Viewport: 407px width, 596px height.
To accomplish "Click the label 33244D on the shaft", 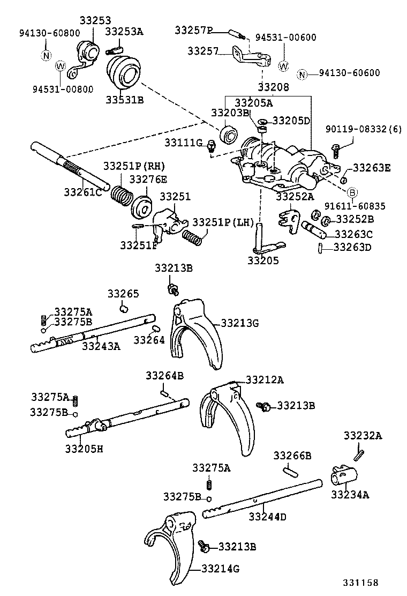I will click(x=267, y=517).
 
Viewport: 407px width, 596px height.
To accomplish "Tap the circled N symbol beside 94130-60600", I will click(x=303, y=74).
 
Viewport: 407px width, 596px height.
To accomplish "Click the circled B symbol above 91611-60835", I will click(x=352, y=192).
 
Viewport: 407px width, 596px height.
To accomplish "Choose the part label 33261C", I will click(x=83, y=191).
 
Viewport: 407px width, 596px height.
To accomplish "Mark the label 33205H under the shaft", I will click(x=84, y=448).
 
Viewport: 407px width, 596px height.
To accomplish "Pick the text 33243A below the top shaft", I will click(x=101, y=346).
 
